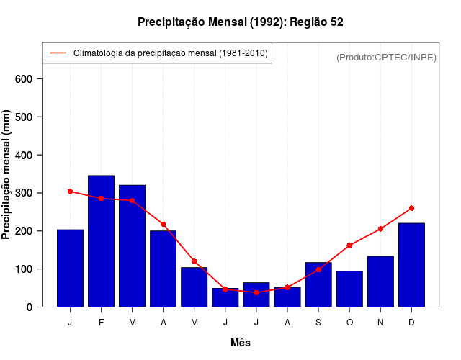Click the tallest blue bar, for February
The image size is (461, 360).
[101, 241]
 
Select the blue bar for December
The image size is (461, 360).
[411, 265]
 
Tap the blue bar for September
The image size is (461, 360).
[318, 285]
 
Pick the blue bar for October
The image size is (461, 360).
[349, 289]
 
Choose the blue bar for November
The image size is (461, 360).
[380, 282]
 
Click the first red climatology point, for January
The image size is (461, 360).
[70, 192]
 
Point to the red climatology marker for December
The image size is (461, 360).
[411, 208]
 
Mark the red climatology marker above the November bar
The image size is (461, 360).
[380, 229]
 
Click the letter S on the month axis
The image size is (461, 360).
[318, 323]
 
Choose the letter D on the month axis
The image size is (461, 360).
[411, 323]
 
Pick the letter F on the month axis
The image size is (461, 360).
[101, 323]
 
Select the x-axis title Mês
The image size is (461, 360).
[241, 343]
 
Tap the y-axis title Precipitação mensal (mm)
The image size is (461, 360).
[7, 174]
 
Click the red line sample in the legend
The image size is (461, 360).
[58, 53]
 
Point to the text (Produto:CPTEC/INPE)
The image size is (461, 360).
[386, 57]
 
